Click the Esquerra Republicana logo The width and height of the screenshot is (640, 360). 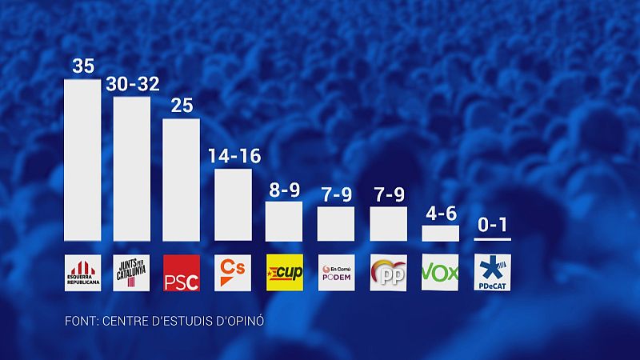(x=82, y=273)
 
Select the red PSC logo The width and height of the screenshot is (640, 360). (x=181, y=273)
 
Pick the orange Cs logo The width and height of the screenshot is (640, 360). (x=233, y=273)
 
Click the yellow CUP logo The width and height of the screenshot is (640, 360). (x=284, y=273)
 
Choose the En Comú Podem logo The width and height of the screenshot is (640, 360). (x=336, y=273)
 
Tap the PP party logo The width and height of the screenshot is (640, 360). (x=388, y=273)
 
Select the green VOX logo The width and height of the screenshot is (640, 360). (x=440, y=273)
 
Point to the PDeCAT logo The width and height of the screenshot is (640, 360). (x=491, y=273)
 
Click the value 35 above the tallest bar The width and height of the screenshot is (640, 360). (x=82, y=66)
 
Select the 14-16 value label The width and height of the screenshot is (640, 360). (x=233, y=155)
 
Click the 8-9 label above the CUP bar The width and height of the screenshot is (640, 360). (x=284, y=190)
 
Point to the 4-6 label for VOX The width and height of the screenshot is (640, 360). (x=440, y=214)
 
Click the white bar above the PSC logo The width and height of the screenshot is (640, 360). (x=181, y=180)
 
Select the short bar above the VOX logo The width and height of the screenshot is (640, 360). (x=440, y=233)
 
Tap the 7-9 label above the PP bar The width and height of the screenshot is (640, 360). (x=388, y=194)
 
